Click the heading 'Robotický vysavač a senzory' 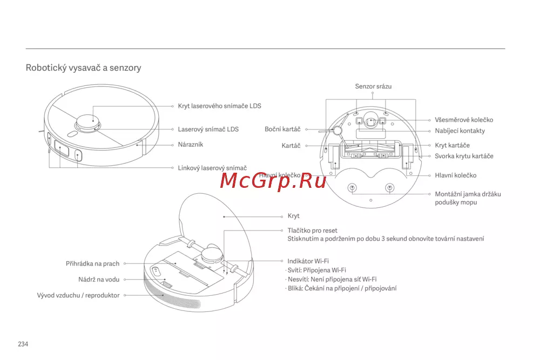(83, 68)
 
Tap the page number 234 (23, 344)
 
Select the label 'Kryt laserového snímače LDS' (219, 106)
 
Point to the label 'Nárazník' (191, 145)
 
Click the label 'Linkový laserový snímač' (212, 168)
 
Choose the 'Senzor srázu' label (373, 86)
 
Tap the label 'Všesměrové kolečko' (464, 120)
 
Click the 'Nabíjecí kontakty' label (460, 131)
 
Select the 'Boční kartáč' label (282, 129)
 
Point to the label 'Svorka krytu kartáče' (464, 156)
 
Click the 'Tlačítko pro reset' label (312, 230)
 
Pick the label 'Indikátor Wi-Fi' (308, 261)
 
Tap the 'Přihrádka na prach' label (93, 264)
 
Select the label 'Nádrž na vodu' (99, 280)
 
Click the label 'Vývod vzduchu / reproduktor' (78, 295)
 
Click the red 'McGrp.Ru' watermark (273, 181)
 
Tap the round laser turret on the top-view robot (88, 124)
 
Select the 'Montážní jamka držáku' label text (468, 194)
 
